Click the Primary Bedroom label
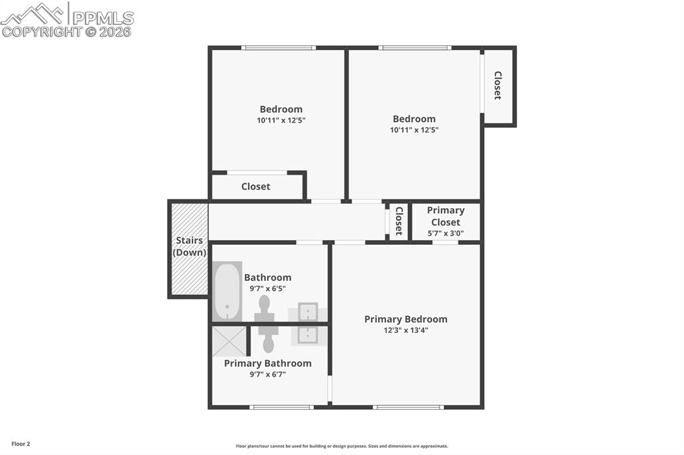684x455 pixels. point(405,319)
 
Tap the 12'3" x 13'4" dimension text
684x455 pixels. point(405,330)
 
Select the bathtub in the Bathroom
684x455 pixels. point(227,292)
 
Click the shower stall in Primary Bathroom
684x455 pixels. point(230,342)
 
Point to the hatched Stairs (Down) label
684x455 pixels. point(189,246)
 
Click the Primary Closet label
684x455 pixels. point(446,216)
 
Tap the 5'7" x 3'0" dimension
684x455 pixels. point(446,233)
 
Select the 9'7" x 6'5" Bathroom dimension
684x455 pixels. point(268,288)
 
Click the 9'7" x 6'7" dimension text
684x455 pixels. point(268,374)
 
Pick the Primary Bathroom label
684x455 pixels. point(268,364)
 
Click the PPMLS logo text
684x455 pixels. point(103,18)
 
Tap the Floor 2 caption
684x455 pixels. point(21,444)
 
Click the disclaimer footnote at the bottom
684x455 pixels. point(342,446)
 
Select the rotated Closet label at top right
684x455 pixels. point(497,85)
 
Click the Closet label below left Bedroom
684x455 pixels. point(256,187)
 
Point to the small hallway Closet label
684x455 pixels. point(399,221)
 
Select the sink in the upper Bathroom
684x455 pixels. point(308,312)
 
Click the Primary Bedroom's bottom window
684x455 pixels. point(408,408)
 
